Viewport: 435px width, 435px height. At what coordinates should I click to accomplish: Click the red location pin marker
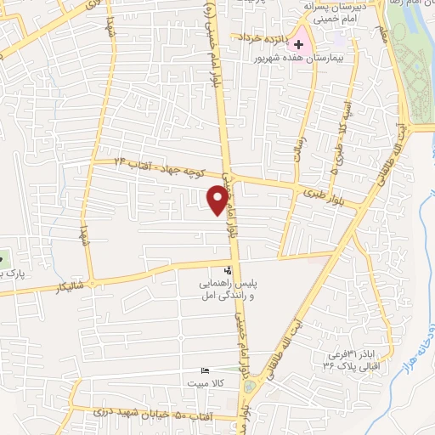(x=217, y=199)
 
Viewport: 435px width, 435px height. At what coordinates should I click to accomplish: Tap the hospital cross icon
(x=298, y=42)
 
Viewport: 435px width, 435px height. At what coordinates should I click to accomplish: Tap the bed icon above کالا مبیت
(x=203, y=370)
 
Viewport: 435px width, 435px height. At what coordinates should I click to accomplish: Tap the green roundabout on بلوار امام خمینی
(x=248, y=387)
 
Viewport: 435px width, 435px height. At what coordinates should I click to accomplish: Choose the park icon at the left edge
(x=3, y=258)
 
